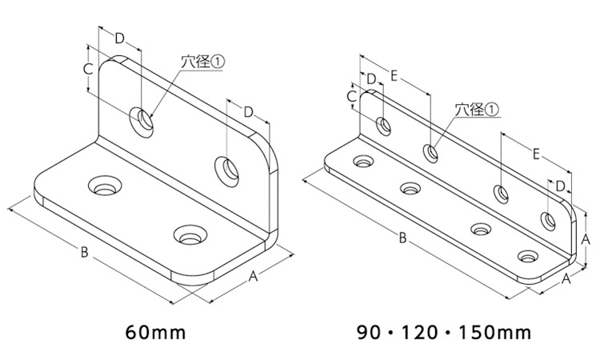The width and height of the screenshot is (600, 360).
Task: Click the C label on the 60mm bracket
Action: coord(88,70)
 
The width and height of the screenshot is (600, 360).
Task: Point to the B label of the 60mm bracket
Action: coord(84,253)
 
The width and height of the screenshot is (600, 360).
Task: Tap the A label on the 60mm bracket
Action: coord(253,276)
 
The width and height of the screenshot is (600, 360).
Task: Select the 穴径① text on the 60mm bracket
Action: coord(202,62)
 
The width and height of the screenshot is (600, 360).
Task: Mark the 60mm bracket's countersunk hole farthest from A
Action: coord(104,186)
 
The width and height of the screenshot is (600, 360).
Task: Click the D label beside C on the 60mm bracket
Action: coord(120,38)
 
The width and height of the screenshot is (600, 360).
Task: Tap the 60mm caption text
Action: coord(155,333)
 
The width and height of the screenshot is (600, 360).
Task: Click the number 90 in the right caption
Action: coord(369,333)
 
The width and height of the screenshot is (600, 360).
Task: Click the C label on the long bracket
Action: coord(352,97)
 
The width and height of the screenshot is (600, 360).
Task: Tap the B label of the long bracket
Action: coord(402,238)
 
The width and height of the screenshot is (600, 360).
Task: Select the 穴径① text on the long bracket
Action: coord(477,110)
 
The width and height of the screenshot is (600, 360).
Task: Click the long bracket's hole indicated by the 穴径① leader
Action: coord(430,152)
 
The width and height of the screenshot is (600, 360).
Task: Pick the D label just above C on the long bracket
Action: coord(371,79)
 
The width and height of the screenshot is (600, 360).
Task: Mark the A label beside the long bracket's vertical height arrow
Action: coord(585,240)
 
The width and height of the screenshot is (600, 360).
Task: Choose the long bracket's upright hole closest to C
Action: coord(383,126)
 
